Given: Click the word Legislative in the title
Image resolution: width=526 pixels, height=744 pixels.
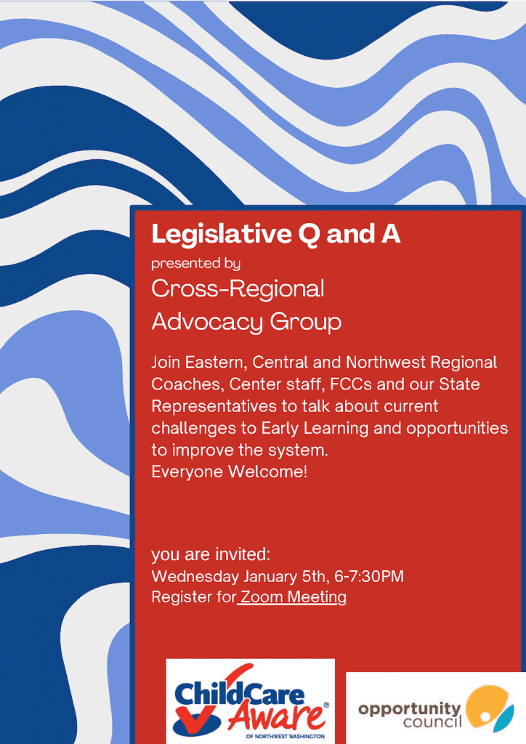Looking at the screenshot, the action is coord(222,235).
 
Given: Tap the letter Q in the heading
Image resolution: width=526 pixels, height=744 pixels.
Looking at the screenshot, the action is coord(309,235).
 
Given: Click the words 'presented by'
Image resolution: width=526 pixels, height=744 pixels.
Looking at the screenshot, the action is coord(196,264).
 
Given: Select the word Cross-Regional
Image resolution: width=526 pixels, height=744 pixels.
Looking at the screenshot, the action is coord(238,289).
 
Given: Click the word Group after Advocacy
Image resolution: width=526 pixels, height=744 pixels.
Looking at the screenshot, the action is coord(305,323).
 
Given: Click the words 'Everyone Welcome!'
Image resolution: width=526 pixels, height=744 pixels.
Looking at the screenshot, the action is coord(229,472).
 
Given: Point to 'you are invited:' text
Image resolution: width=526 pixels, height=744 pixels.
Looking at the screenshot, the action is coord(211,554).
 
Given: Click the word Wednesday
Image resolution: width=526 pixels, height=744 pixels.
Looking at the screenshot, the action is coord(195,576).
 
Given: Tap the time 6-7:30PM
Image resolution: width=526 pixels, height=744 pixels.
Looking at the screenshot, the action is coord(369,576).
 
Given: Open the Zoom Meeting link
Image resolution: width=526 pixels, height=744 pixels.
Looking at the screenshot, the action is coord(293,597).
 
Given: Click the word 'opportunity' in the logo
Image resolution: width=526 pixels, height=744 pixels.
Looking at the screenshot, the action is coord(409,709).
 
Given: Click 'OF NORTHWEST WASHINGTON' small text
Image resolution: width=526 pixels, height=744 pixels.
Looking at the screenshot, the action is coord(286,737).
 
